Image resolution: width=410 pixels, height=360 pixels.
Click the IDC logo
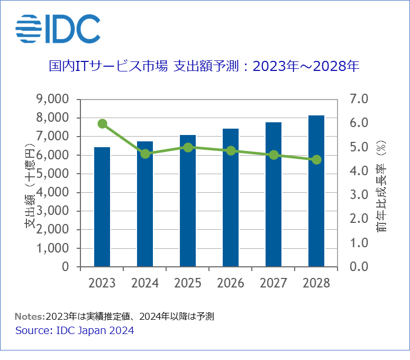click(x=58, y=29)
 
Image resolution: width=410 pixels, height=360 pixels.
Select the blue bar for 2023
click(x=102, y=206)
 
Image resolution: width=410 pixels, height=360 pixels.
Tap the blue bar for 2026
click(x=231, y=197)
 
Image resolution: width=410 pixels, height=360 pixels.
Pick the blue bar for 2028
click(x=316, y=191)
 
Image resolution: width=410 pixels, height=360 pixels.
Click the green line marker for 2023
click(x=103, y=124)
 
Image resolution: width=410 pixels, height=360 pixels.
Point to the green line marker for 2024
click(x=145, y=154)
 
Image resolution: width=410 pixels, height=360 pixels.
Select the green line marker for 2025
click(x=188, y=147)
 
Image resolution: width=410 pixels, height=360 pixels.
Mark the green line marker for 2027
click(x=274, y=155)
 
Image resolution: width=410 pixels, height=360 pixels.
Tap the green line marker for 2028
click(x=316, y=160)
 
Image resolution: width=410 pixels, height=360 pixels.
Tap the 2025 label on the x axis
click(x=188, y=283)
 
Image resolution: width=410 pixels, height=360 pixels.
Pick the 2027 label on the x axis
click(x=274, y=283)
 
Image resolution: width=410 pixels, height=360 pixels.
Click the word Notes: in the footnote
click(x=30, y=317)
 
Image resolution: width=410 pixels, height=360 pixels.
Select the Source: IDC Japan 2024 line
click(x=75, y=330)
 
